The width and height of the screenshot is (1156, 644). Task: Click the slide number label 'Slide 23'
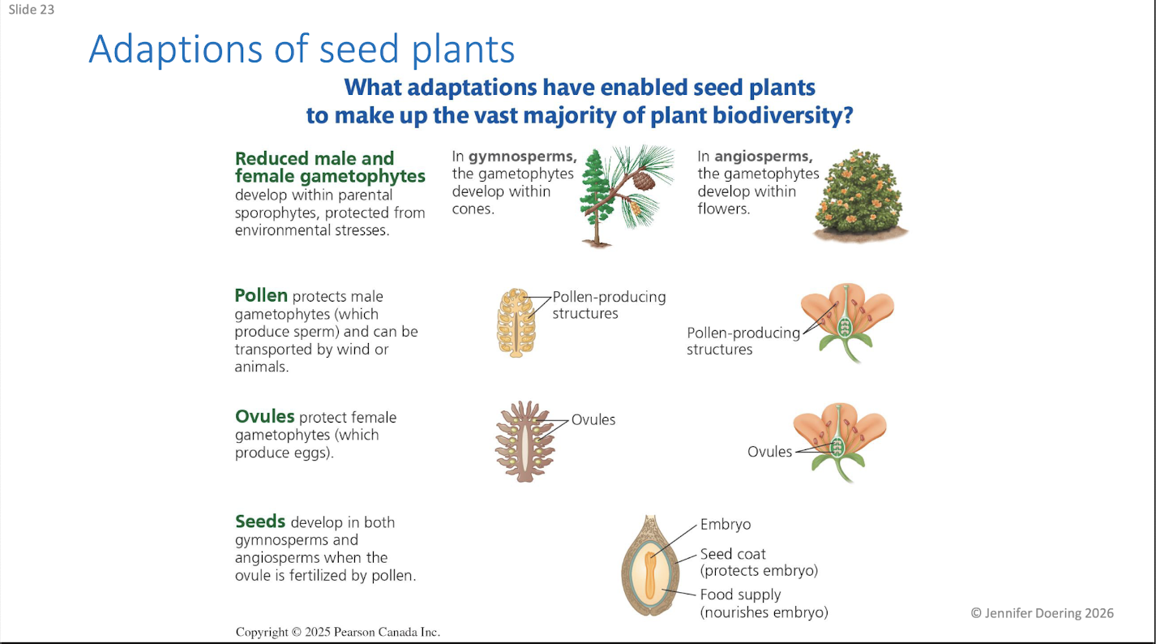point(32,9)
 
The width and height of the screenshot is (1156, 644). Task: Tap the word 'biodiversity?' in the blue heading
point(783,116)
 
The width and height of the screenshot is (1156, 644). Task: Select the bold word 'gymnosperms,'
point(523,156)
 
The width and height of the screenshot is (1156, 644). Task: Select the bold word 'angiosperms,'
point(764,156)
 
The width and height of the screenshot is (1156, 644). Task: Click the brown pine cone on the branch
point(643,180)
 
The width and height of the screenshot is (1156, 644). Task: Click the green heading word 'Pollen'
point(261,296)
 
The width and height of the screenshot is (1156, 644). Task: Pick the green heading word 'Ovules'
point(265,416)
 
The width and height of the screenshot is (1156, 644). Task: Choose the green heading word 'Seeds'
point(260,522)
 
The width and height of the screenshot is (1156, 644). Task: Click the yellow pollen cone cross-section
point(516,323)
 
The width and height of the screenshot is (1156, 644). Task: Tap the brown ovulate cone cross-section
point(524,441)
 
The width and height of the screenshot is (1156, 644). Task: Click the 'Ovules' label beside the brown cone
point(593,419)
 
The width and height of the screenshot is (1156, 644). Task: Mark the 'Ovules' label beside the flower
point(769,452)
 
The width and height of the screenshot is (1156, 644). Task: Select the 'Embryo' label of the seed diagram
point(725,524)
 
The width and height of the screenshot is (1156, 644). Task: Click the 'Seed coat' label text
point(733,554)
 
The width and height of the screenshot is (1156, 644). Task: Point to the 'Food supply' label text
point(740,595)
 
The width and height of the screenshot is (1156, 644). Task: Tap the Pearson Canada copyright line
point(338,632)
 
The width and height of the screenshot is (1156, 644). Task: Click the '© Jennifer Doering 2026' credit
point(1042,613)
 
